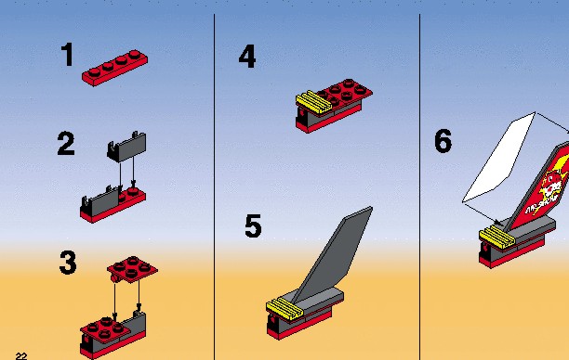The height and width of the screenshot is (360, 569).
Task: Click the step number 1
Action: (68, 55)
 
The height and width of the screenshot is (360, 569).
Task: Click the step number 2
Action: (66, 144)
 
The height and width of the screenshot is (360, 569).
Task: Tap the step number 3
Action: (68, 263)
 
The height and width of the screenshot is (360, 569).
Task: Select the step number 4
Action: (247, 57)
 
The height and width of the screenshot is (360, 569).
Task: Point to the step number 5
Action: (253, 226)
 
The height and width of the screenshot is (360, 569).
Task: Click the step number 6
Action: (443, 140)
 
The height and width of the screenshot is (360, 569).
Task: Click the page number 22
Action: (21, 356)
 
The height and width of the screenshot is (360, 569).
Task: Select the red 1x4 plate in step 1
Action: (114, 68)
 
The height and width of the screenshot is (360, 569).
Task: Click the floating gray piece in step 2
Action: (126, 147)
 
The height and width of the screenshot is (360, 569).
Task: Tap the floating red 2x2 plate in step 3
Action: (132, 269)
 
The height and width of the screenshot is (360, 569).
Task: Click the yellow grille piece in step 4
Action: (313, 102)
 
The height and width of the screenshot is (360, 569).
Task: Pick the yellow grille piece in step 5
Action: (284, 309)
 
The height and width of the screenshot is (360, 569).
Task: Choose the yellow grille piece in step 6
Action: (497, 237)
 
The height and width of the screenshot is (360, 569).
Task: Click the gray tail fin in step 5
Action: (332, 255)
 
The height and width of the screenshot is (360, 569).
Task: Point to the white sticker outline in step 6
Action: (499, 158)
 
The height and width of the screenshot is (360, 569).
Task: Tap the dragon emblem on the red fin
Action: (551, 185)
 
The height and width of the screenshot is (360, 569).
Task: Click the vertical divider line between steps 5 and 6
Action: (419, 186)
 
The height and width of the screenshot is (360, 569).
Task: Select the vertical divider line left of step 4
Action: (214, 186)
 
